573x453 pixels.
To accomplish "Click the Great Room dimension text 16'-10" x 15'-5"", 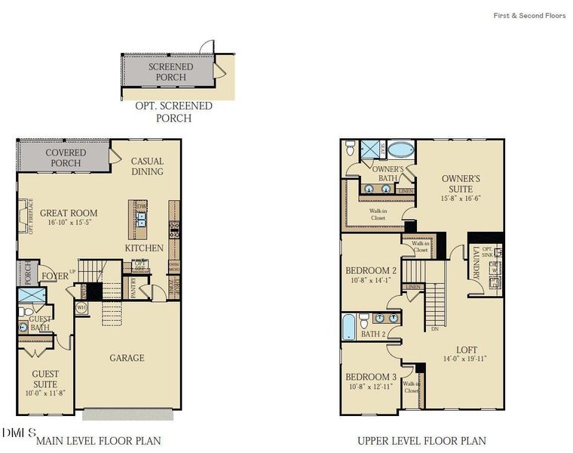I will tap(69, 223).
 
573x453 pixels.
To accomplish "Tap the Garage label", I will tap(127, 358).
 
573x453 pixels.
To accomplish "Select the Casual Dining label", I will tap(147, 166).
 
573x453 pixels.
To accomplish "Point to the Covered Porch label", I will tap(66, 158).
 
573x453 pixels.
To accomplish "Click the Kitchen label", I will tap(144, 248).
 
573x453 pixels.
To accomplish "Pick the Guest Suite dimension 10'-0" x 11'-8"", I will tap(45, 393).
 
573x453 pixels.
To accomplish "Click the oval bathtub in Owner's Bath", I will tap(400, 149).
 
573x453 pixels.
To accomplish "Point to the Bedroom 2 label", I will tap(371, 271).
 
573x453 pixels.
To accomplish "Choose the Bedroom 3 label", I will tap(371, 377).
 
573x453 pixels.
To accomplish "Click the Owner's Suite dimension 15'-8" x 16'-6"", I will tap(461, 199).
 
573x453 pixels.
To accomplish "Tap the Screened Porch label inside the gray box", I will tap(170, 72).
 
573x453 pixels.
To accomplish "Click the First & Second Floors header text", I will tap(529, 15).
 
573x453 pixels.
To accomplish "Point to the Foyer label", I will tap(54, 276).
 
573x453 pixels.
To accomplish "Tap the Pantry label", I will tap(133, 290).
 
